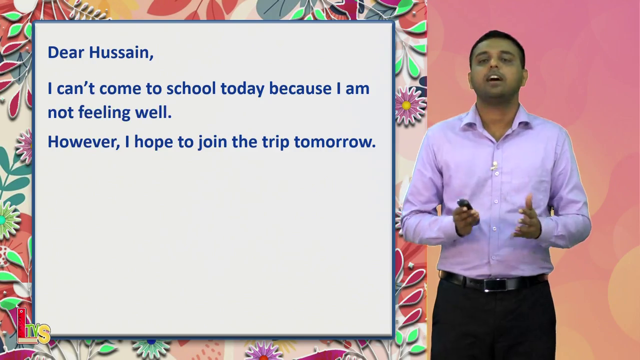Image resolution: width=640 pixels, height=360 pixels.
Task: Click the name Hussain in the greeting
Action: tap(121, 52)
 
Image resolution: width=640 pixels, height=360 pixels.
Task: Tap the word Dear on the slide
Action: tap(66, 52)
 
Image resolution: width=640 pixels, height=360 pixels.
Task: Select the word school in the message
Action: tap(191, 88)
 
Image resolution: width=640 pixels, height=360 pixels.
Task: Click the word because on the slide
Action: tap(300, 88)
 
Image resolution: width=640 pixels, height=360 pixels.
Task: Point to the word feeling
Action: tap(104, 112)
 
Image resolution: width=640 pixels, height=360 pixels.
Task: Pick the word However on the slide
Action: tap(83, 141)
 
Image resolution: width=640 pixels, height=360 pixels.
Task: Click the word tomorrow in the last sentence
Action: tap(335, 141)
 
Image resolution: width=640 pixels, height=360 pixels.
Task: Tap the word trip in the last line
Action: tap(275, 142)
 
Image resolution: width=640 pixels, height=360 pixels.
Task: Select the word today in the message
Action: tap(242, 88)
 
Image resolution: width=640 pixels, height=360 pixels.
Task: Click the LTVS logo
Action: tap(33, 326)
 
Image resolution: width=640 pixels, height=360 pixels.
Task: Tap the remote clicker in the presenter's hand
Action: tap(465, 204)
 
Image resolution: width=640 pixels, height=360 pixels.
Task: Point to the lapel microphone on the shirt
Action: tap(494, 165)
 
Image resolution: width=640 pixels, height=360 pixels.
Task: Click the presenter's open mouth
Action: tap(495, 78)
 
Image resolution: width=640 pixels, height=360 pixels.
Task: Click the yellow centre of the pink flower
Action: tap(406, 105)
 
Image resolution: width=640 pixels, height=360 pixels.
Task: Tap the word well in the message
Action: tap(153, 112)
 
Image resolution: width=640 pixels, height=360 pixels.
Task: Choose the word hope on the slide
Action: tap(153, 142)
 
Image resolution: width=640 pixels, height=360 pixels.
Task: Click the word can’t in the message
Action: tap(75, 88)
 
